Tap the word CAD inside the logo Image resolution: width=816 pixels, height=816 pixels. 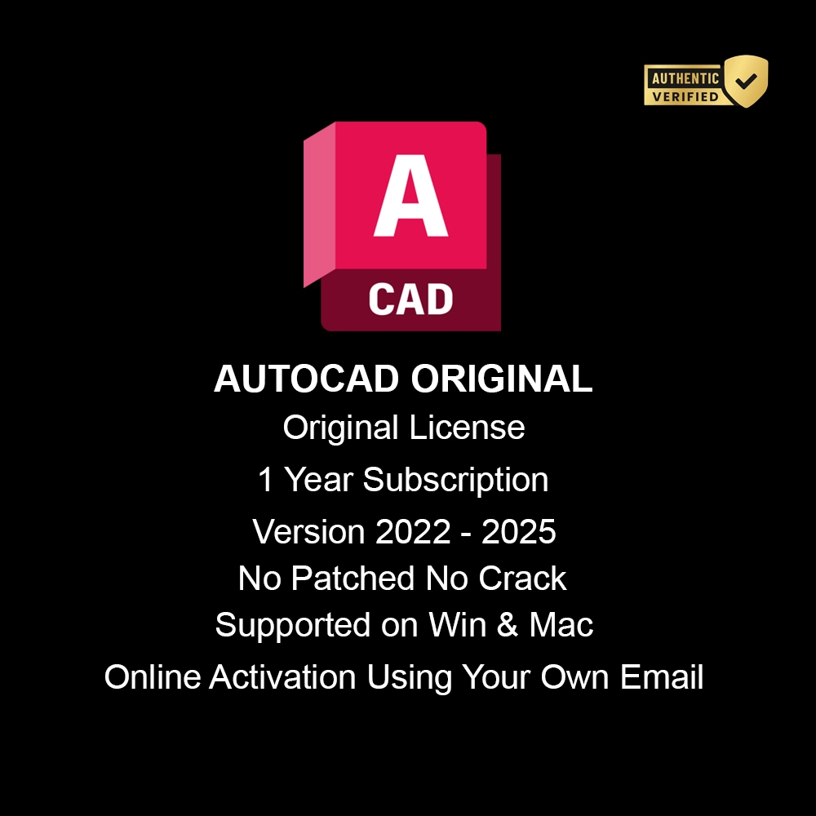point(410,299)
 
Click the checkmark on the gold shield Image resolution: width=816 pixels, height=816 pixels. point(746,81)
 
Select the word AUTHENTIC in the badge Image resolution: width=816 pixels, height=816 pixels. point(684,79)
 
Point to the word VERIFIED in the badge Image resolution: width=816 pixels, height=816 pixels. point(684,96)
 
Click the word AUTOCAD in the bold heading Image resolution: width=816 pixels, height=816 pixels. point(307,379)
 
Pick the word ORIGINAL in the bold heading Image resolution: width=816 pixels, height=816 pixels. point(502,379)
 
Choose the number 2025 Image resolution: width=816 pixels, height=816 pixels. point(519,532)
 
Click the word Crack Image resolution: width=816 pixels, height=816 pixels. point(522,579)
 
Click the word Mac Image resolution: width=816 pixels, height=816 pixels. point(561,626)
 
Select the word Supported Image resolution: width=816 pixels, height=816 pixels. point(291,626)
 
